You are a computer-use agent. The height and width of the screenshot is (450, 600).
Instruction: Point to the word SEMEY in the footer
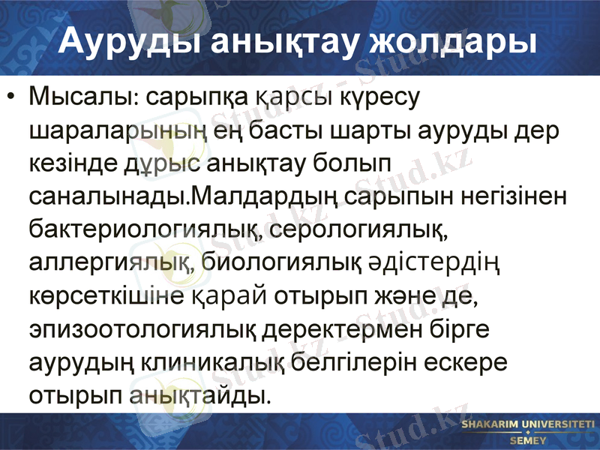(528, 440)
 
